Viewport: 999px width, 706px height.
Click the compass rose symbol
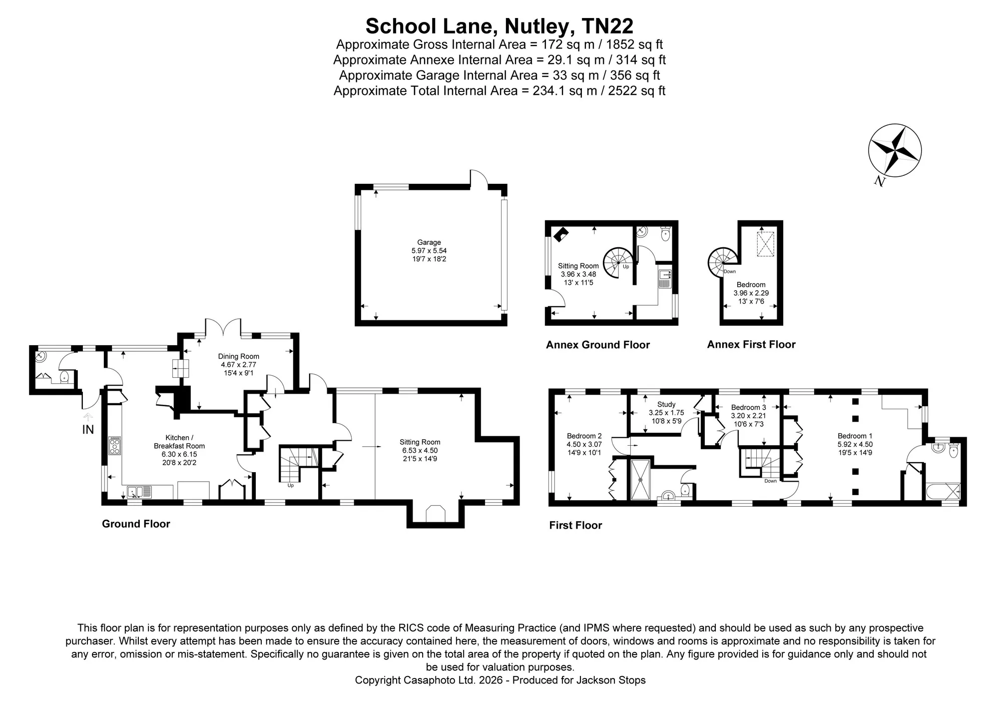895,150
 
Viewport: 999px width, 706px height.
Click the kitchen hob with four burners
115,445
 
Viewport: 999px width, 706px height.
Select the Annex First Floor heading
751,344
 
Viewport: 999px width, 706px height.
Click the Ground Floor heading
136,524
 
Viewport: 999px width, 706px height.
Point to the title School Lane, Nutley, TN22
499,25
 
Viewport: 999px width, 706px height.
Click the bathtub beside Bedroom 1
943,491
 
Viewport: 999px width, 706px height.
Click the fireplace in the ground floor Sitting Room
435,515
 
